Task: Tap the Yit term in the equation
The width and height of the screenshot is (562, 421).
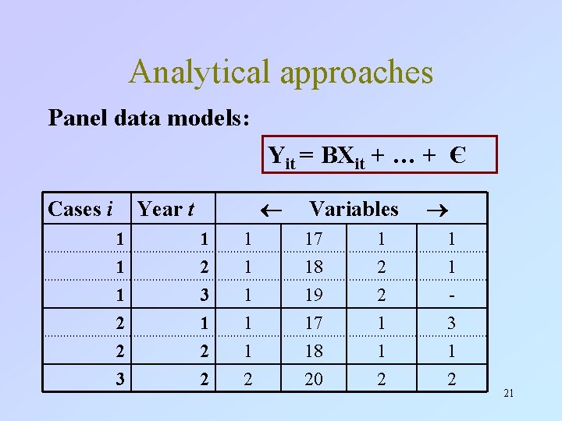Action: (x=281, y=156)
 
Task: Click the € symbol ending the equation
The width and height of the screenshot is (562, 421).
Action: (x=457, y=154)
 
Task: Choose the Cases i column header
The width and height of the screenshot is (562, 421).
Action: (x=80, y=209)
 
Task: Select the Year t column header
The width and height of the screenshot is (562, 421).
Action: (x=165, y=209)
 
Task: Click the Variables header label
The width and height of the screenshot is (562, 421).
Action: (x=354, y=209)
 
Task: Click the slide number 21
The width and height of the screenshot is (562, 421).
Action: (x=508, y=394)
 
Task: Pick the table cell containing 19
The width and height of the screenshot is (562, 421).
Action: (x=313, y=295)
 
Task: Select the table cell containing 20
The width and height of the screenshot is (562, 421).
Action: (x=313, y=380)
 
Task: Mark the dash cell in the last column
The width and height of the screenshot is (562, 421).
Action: (x=451, y=295)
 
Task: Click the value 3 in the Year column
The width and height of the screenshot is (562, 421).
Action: (x=204, y=295)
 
